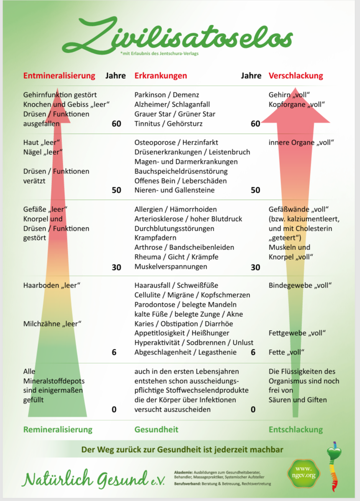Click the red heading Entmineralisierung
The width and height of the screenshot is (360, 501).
coord(59,76)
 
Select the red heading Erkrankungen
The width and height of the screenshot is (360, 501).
coord(161,76)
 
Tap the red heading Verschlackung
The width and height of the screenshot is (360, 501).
coord(296,76)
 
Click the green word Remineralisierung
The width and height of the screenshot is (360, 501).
coord(58,430)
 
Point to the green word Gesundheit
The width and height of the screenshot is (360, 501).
coord(156,430)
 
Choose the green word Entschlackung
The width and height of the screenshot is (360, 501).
coord(296,430)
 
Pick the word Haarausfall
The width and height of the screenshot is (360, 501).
coord(153,285)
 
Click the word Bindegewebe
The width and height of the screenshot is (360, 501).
coord(288,285)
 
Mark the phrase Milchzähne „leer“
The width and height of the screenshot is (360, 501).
coord(52,323)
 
